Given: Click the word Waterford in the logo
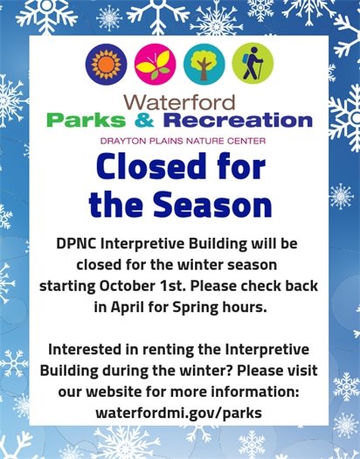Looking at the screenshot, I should click(179, 99).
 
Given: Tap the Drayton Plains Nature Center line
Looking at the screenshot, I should click(180, 139).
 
